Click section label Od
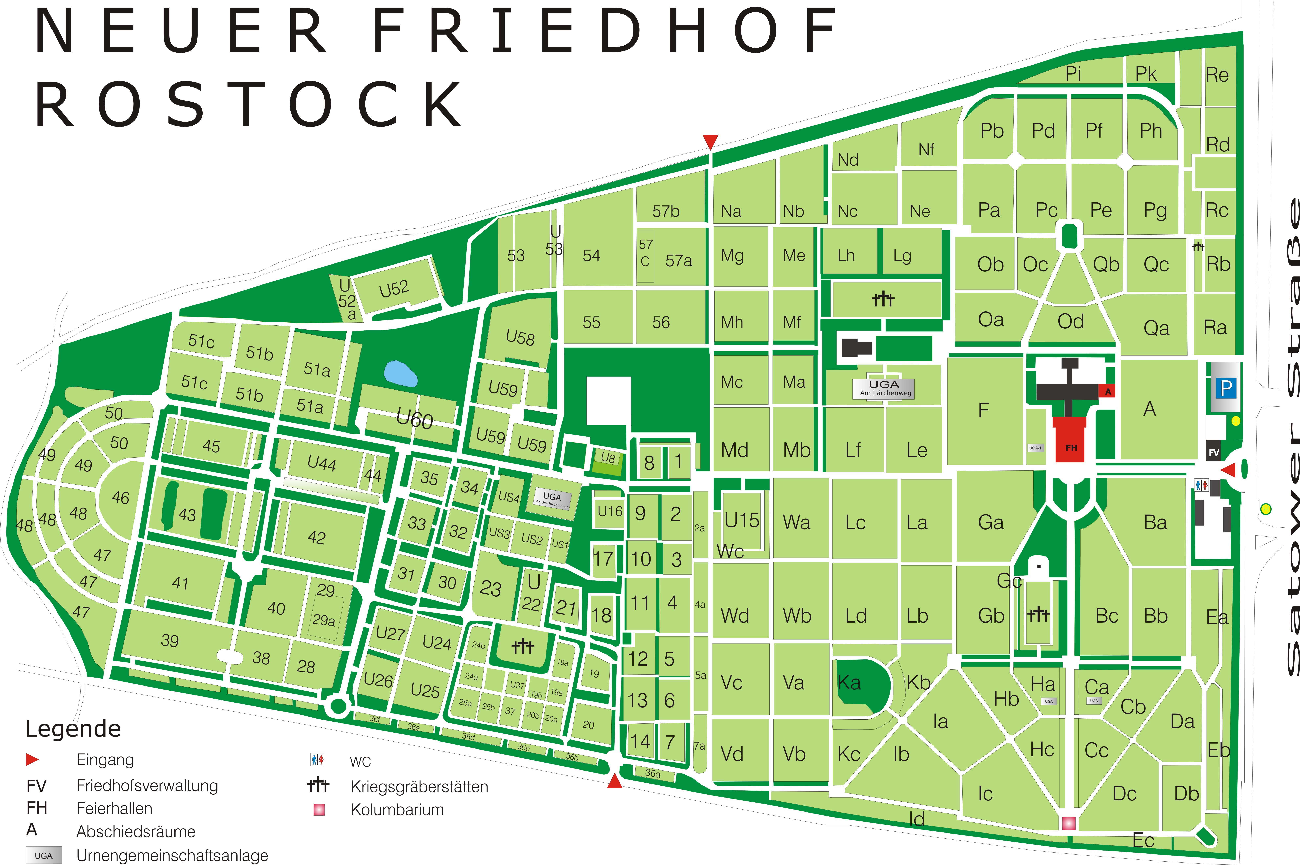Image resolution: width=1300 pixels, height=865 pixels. pyautogui.click(x=1070, y=321)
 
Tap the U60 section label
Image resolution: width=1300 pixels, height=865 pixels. pyautogui.click(x=414, y=419)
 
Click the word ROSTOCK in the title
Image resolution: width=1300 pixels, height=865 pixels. pyautogui.click(x=248, y=105)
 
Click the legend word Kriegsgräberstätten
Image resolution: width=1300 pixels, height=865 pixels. pyautogui.click(x=419, y=787)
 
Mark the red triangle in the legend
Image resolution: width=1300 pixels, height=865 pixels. pyautogui.click(x=32, y=760)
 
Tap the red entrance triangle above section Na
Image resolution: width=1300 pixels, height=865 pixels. pyautogui.click(x=710, y=142)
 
